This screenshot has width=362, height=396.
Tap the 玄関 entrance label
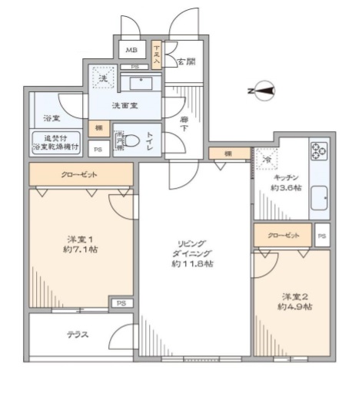pyautogui.click(x=184, y=62)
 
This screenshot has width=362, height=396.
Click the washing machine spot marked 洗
pyautogui.click(x=103, y=78)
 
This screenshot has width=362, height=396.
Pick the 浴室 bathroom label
pyautogui.click(x=51, y=120)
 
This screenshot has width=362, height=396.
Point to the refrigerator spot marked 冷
pyautogui.click(x=267, y=158)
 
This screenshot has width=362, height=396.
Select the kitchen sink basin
pyautogui.click(x=319, y=203)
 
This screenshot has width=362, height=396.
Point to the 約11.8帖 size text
pyautogui.click(x=192, y=265)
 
